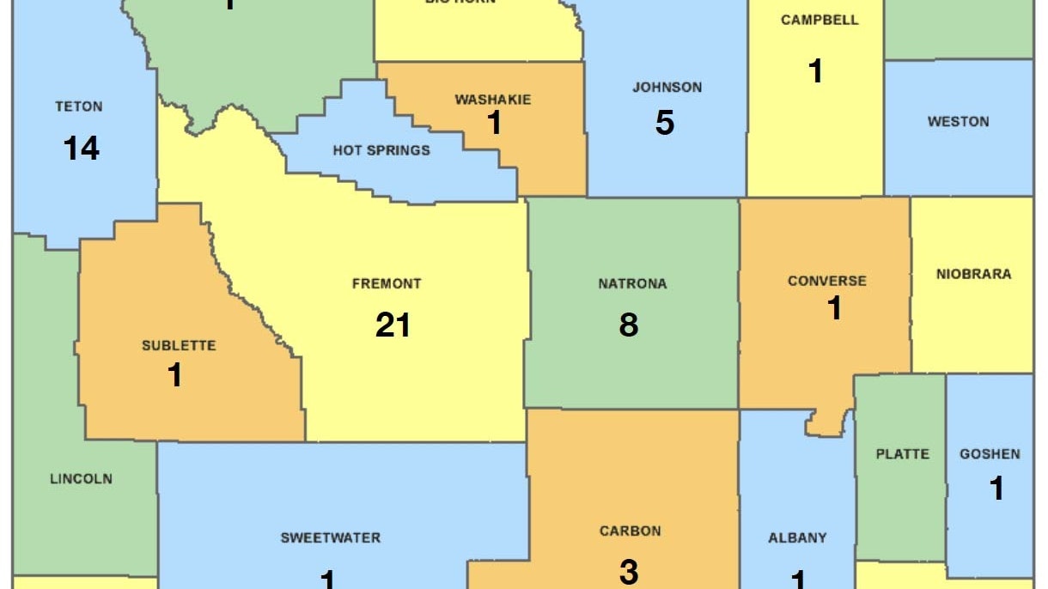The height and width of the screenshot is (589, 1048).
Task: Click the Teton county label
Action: pyautogui.click(x=79, y=107)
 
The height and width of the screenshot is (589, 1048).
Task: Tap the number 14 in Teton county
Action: pyautogui.click(x=81, y=149)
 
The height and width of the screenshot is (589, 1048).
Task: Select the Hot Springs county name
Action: pyautogui.click(x=381, y=151)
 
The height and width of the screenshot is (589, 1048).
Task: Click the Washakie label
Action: pyautogui.click(x=492, y=100)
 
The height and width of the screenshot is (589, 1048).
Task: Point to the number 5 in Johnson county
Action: pyautogui.click(x=665, y=124)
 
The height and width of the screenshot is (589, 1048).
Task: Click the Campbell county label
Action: pyautogui.click(x=820, y=21)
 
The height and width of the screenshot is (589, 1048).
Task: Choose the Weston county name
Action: pyautogui.click(x=958, y=122)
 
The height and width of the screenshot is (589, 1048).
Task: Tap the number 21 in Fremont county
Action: pyautogui.click(x=393, y=325)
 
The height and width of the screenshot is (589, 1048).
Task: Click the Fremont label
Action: pyautogui.click(x=387, y=283)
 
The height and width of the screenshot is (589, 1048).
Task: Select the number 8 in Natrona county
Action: pyautogui.click(x=629, y=325)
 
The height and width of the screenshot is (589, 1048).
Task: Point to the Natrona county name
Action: pyautogui.click(x=632, y=284)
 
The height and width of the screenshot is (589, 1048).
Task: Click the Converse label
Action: pyautogui.click(x=827, y=281)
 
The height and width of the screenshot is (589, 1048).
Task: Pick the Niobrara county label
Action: pyautogui.click(x=973, y=275)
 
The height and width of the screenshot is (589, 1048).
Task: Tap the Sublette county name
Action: pyautogui.click(x=179, y=346)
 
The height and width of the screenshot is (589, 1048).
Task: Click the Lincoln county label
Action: pyautogui.click(x=81, y=479)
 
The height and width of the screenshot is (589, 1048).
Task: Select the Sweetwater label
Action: pyautogui.click(x=331, y=538)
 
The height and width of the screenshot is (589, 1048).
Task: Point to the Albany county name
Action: pyautogui.click(x=797, y=538)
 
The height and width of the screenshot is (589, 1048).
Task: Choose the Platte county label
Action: pyautogui.click(x=902, y=454)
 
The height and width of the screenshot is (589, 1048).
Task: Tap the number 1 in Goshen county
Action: pyautogui.click(x=996, y=489)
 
